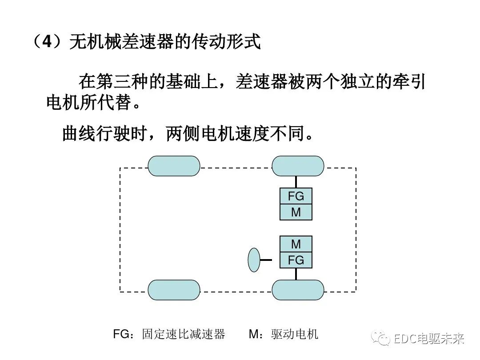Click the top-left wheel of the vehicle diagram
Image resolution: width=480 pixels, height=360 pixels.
point(174,166)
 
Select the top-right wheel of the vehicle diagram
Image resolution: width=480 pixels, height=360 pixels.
point(298,166)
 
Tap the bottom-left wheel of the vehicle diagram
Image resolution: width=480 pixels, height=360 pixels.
point(174,290)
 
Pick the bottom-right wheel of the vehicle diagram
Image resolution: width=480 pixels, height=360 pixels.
point(298,290)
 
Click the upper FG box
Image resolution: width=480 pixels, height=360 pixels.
point(296,196)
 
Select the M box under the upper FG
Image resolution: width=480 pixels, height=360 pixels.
point(296,212)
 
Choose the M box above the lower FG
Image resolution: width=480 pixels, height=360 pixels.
point(296,244)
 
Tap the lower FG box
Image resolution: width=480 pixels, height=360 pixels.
point(296,260)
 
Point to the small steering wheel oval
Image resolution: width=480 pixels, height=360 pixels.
point(254,260)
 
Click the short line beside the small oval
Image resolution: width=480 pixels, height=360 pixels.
point(266,260)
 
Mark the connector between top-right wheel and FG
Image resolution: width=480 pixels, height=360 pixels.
point(296,182)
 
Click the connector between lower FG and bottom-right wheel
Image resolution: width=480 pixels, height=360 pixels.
point(296,274)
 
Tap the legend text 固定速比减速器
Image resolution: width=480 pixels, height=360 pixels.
point(184,334)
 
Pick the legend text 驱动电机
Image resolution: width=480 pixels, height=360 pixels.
point(295,334)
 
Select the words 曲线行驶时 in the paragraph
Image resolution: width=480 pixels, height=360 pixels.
point(105,132)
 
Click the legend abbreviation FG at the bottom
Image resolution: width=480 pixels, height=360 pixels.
point(121,334)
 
